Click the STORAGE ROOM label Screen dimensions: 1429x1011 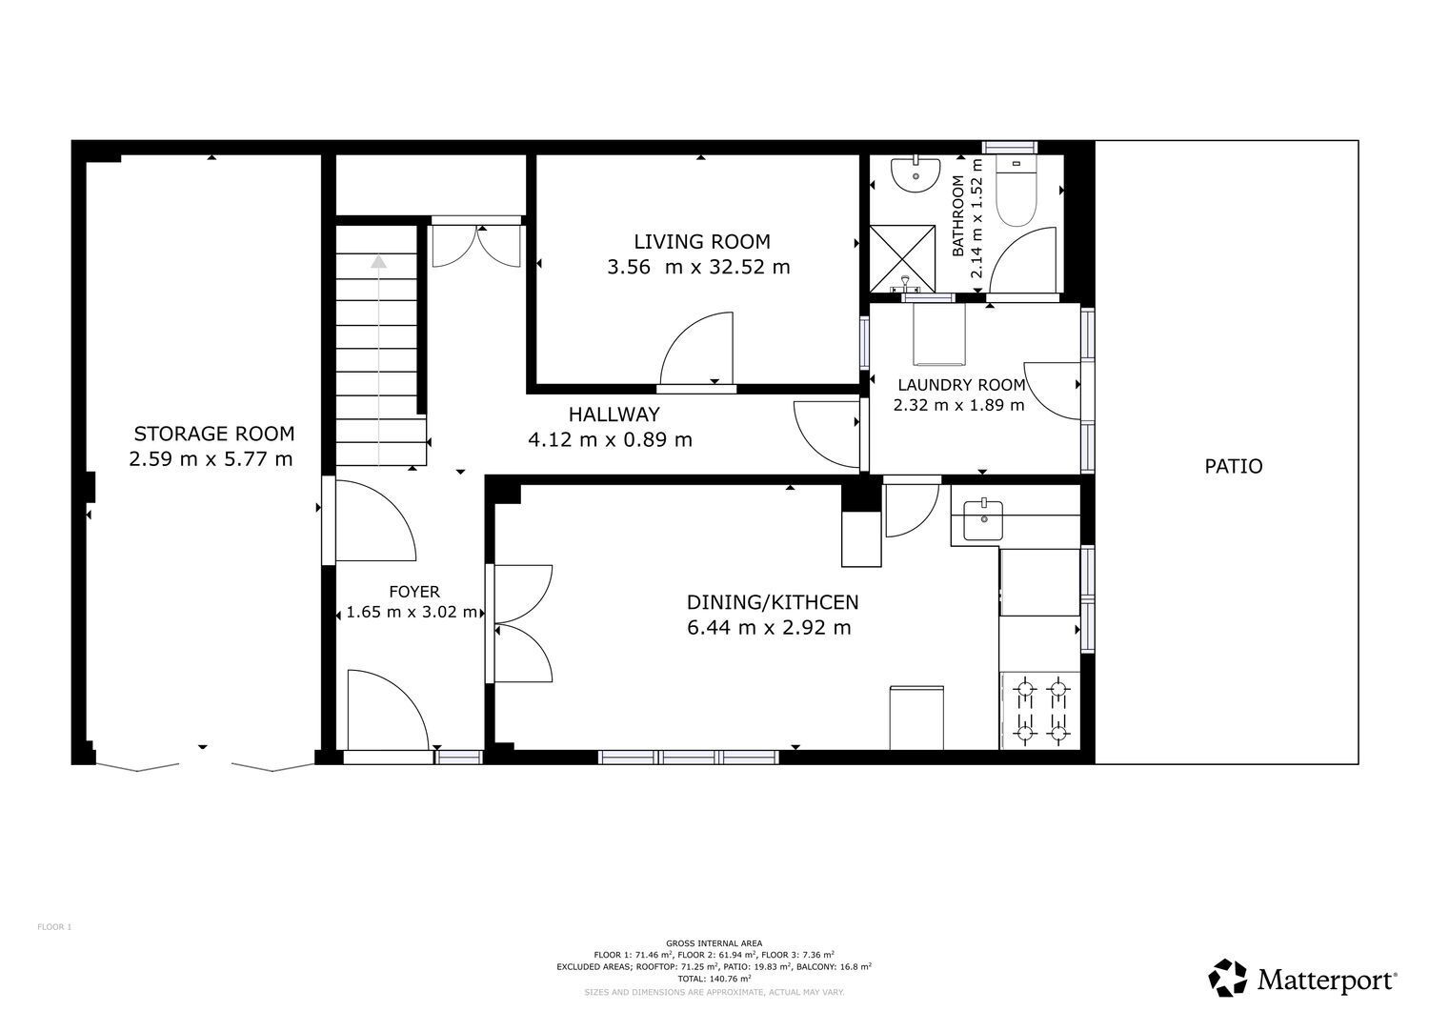pos(214,434)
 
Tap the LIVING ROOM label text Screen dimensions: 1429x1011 pos(702,242)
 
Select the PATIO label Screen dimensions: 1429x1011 pos(1233,467)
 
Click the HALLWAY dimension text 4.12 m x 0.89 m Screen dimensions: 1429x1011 pos(610,440)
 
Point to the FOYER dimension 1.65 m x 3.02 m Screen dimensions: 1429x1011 pos(412,612)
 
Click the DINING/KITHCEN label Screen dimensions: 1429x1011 pos(772,602)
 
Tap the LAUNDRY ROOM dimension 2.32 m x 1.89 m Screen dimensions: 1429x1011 pos(958,405)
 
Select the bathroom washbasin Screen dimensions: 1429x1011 pos(916,173)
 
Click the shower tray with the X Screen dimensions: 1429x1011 pos(902,258)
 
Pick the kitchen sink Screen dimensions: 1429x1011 pos(983,520)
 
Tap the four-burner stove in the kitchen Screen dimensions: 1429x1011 pos(1040,711)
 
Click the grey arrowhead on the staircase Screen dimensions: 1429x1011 pos(379,262)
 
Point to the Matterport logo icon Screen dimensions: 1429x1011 pos(1227,978)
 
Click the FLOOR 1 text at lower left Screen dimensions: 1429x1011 pos(54,927)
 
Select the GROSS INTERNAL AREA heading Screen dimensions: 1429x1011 pos(714,943)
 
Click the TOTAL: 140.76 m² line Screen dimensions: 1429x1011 pos(714,979)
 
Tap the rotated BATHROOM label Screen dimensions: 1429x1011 pos(957,216)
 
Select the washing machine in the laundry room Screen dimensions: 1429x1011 pos(938,334)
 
